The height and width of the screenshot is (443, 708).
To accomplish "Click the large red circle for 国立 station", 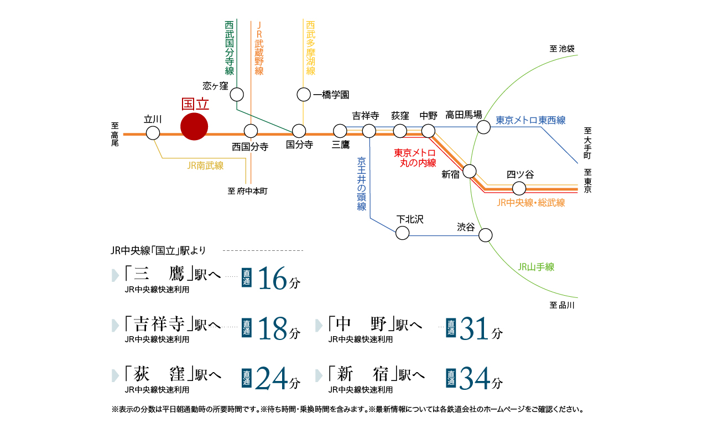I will pyautogui.click(x=194, y=126).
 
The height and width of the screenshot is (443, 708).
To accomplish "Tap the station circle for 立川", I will pyautogui.click(x=153, y=133).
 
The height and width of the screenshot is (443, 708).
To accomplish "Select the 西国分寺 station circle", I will pyautogui.click(x=251, y=131).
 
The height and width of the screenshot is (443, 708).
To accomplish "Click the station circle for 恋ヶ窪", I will pyautogui.click(x=237, y=94).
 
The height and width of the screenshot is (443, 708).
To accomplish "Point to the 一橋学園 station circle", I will pyautogui.click(x=304, y=95).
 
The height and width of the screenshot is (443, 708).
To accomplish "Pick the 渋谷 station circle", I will pyautogui.click(x=485, y=235).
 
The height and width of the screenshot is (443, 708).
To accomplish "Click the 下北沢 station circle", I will pyautogui.click(x=403, y=233).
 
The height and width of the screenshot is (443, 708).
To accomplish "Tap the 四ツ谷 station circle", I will pyautogui.click(x=519, y=188).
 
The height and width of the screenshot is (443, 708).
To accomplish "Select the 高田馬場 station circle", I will pyautogui.click(x=483, y=127).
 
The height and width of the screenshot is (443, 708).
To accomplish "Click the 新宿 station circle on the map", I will pyautogui.click(x=470, y=171).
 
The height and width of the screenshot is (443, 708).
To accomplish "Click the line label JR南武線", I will pyautogui.click(x=205, y=165).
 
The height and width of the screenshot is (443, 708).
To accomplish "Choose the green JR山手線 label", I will pyautogui.click(x=536, y=267).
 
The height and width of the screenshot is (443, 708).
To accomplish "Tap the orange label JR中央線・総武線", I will pyautogui.click(x=531, y=203).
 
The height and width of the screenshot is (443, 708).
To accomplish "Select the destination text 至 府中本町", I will pyautogui.click(x=247, y=191).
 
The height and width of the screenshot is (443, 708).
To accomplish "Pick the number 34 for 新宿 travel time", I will pyautogui.click(x=475, y=379).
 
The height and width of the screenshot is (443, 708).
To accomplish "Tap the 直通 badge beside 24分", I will pyautogui.click(x=247, y=379).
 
